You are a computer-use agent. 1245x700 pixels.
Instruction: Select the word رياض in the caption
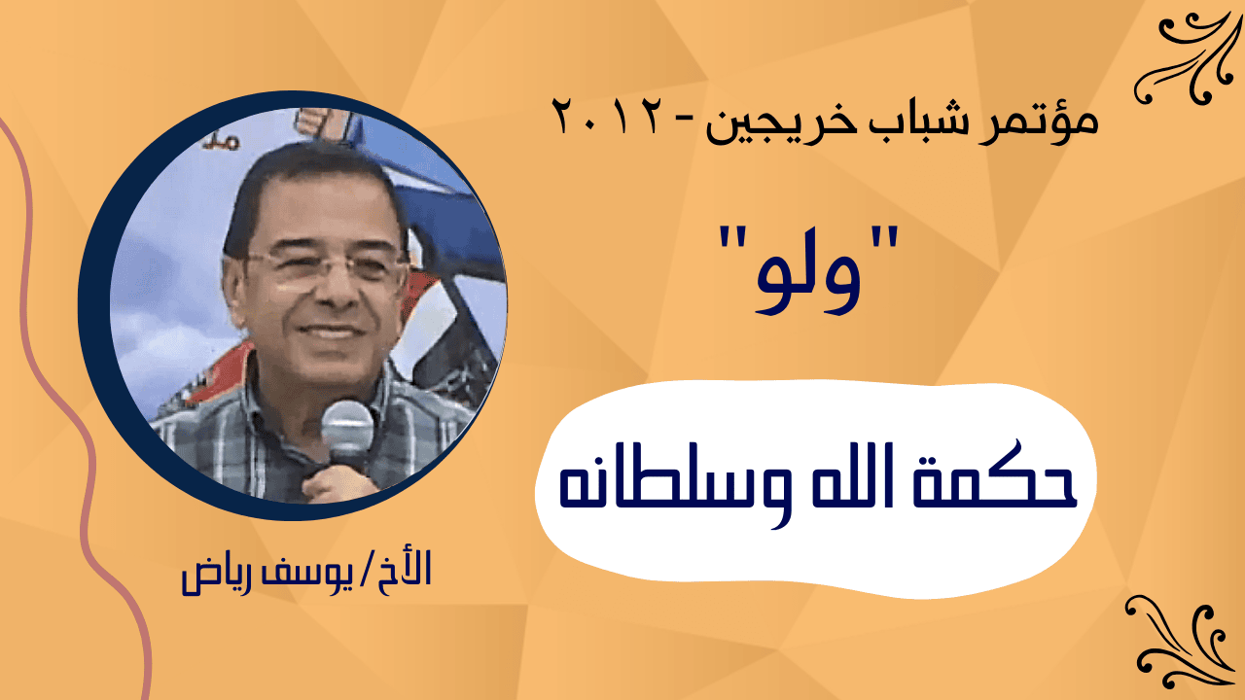point(213,575)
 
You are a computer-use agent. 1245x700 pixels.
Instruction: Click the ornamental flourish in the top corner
point(1186,57)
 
